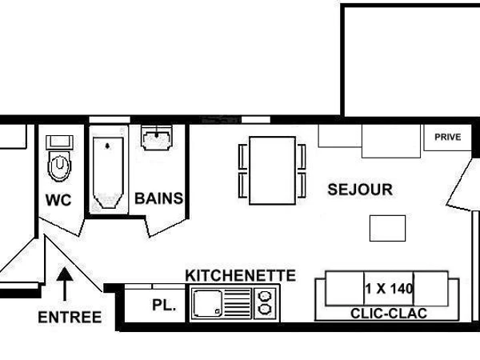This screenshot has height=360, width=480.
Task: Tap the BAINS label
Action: point(158,198)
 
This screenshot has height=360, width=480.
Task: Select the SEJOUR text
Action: point(360,190)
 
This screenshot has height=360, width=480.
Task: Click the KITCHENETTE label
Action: point(240,275)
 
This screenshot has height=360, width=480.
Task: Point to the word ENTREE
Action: point(70,317)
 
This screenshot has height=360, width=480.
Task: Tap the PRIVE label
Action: point(447,137)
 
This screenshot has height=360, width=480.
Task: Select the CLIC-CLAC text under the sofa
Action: point(387,314)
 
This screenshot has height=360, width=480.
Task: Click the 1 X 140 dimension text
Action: point(388,289)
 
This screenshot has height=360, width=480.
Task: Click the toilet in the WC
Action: point(59,168)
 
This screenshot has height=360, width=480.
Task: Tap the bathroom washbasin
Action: point(158,138)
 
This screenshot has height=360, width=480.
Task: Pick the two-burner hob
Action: point(264,303)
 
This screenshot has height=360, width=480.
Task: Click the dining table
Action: point(273,170)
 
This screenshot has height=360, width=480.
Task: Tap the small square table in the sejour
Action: point(388,228)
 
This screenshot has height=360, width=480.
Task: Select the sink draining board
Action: point(238,303)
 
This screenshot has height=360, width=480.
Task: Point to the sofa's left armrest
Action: point(323,294)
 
